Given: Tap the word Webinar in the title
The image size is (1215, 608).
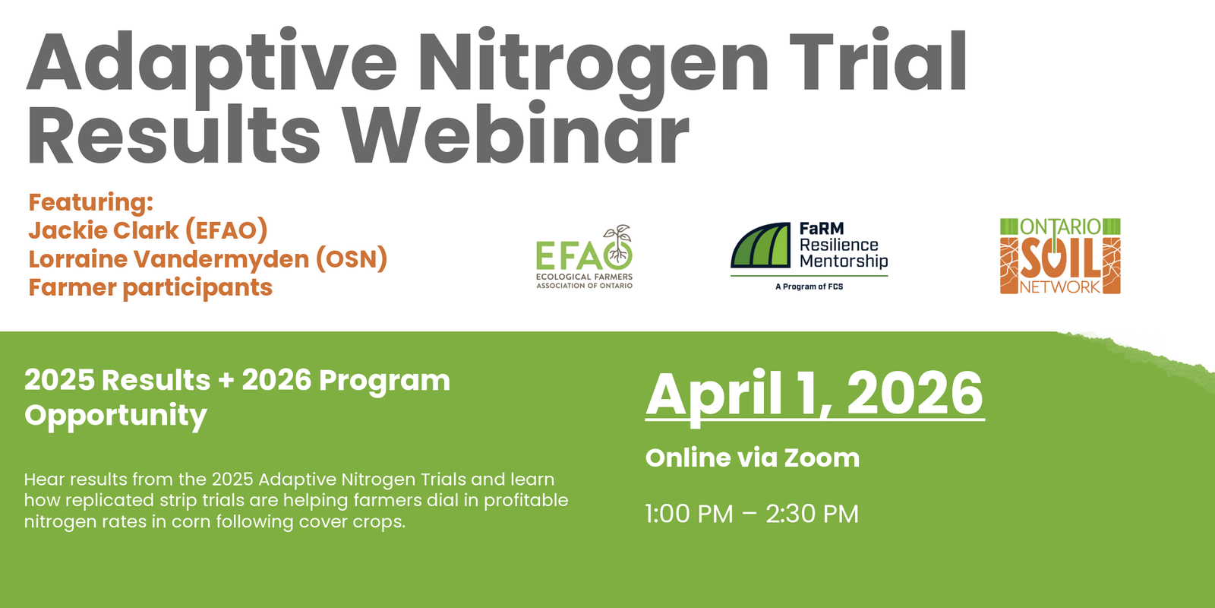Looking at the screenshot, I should pyautogui.click(x=516, y=135).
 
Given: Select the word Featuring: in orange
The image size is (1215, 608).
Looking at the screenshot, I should pyautogui.click(x=91, y=202).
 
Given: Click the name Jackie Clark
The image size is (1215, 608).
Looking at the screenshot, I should pyautogui.click(x=104, y=230).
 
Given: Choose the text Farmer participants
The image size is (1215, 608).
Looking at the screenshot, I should pyautogui.click(x=150, y=288).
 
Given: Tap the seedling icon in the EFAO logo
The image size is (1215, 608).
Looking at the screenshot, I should pyautogui.click(x=620, y=240).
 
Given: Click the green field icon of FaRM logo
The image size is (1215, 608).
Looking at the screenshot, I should pyautogui.click(x=761, y=245).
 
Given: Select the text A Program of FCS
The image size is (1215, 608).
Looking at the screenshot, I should pyautogui.click(x=809, y=287).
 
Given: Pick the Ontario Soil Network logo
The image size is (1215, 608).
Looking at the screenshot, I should pyautogui.click(x=1060, y=256).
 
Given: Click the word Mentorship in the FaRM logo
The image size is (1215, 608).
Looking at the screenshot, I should pyautogui.click(x=844, y=261).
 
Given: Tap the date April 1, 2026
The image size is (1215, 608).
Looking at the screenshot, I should pyautogui.click(x=814, y=394).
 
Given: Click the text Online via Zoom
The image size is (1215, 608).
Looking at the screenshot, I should pyautogui.click(x=752, y=458).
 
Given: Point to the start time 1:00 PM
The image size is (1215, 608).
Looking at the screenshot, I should pyautogui.click(x=689, y=514).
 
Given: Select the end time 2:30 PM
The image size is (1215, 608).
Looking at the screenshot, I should pyautogui.click(x=812, y=514).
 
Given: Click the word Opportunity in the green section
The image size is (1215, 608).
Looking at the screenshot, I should pyautogui.click(x=115, y=416).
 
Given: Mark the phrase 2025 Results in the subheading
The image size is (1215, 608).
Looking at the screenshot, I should pyautogui.click(x=117, y=380).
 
